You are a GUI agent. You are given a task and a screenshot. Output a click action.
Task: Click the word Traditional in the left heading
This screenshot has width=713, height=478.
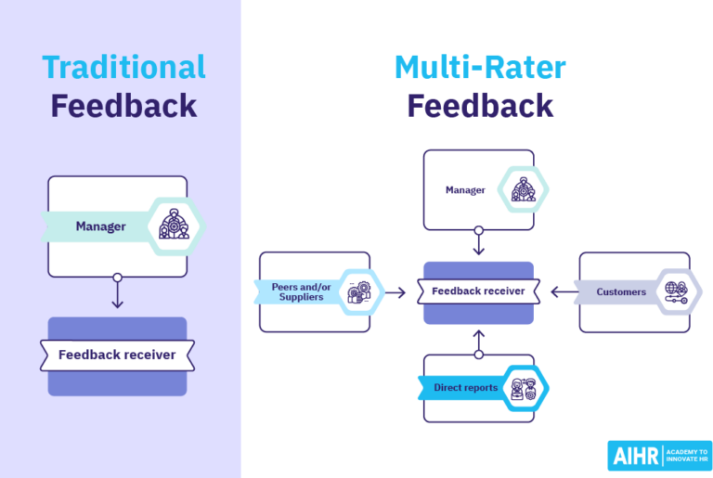click(123, 67)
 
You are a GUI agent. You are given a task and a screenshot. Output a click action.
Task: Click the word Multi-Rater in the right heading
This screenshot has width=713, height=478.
click(479, 67)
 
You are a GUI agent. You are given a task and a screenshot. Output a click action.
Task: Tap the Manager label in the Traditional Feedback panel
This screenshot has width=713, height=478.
click(100, 226)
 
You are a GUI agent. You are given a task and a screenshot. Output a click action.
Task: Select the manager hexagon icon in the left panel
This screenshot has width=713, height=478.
click(174, 226)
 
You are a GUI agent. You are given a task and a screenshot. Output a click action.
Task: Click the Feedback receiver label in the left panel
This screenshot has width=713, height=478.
click(117, 355)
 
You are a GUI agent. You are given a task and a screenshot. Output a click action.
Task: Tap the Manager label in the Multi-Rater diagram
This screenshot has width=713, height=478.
click(465, 190)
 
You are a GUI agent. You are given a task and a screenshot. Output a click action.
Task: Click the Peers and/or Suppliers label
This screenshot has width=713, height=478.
click(298, 291)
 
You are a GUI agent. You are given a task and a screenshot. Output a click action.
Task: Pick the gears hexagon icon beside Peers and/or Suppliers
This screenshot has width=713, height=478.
click(359, 292)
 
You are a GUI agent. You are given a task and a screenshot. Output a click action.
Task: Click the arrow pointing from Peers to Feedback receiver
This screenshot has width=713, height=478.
click(395, 292)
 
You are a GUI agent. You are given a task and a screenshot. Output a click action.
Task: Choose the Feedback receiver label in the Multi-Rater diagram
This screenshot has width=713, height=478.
click(478, 291)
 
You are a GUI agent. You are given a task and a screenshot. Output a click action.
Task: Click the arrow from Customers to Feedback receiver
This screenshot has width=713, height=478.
click(562, 292)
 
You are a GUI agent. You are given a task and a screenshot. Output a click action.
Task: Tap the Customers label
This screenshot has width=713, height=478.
click(621, 292)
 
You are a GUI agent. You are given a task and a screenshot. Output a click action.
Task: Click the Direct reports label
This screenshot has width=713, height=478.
click(465, 387)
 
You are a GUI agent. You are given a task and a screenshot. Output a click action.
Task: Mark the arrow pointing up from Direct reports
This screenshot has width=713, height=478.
click(479, 341)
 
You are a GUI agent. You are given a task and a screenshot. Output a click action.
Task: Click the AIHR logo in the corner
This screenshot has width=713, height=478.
click(659, 455)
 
